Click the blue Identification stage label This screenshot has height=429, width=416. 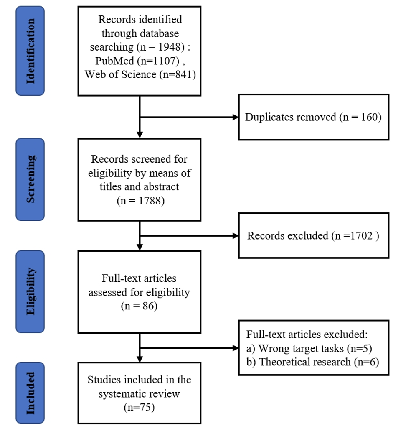point(30,51)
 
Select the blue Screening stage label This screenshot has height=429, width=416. point(30,179)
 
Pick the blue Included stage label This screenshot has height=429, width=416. point(30,393)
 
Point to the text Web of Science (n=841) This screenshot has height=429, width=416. point(140,74)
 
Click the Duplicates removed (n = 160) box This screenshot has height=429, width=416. point(313,117)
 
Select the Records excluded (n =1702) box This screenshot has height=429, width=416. point(313,236)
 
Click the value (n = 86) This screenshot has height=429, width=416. point(140,306)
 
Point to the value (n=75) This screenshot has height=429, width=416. point(140,407)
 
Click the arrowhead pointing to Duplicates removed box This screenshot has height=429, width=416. point(235,117)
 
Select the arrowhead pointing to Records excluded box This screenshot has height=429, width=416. point(235,236)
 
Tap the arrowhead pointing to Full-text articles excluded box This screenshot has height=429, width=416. point(235,347)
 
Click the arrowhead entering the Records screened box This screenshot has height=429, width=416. point(140,135)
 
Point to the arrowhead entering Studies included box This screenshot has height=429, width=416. point(140,359)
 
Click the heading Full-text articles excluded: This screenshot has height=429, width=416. point(307,334)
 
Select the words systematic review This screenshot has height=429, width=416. point(140,393)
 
